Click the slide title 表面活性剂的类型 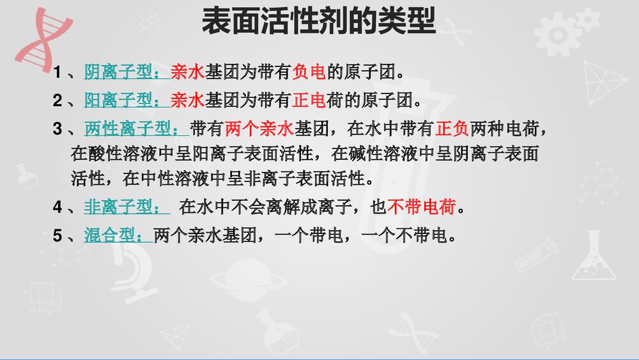point(318,22)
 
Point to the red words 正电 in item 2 point(309,100)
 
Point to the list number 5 point(58,237)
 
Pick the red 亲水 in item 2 point(187,100)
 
